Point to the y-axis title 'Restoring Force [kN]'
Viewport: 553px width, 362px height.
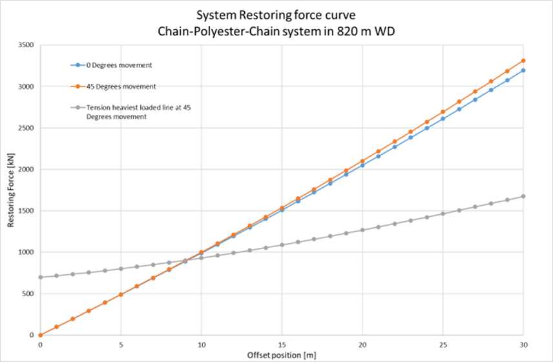(11, 190)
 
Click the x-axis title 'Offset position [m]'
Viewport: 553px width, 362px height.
(282, 356)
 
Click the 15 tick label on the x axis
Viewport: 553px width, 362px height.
(282, 345)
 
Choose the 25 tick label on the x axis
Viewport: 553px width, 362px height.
(443, 345)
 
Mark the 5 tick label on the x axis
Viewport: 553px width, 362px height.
(121, 345)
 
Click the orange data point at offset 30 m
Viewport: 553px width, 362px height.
(523, 61)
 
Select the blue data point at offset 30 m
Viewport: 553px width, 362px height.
(523, 70)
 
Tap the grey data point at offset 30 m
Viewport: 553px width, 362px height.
(523, 196)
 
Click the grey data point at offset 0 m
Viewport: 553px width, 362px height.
(40, 277)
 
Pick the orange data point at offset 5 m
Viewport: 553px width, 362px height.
(121, 294)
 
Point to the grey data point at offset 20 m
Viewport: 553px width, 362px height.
(362, 230)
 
